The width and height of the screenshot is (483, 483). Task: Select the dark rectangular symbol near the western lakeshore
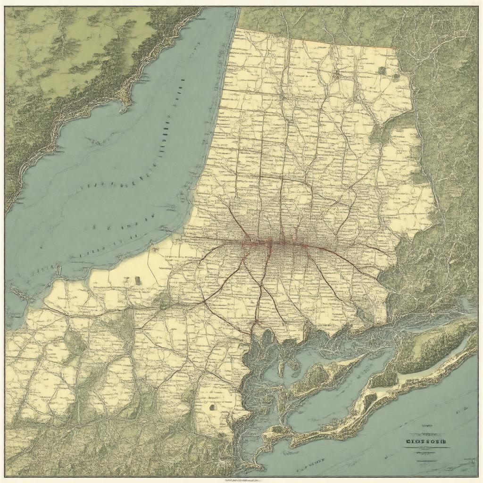(138, 280)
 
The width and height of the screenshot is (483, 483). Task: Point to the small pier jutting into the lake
(58, 270)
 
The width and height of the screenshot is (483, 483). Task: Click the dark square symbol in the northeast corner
(382, 70)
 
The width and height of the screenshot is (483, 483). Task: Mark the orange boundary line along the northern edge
(330, 43)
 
